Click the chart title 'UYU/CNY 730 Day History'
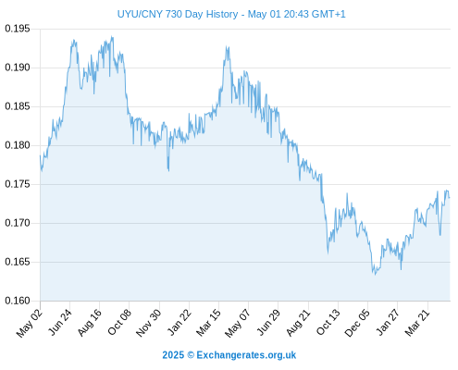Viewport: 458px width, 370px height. (178, 14)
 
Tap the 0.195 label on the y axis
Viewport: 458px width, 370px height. (18, 29)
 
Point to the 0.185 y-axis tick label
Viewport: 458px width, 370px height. (18, 106)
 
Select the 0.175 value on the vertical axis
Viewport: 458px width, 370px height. (18, 184)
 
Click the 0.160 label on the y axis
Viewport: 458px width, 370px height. (18, 301)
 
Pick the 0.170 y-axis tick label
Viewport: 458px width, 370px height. (18, 223)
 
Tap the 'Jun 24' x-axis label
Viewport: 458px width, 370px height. (60, 322)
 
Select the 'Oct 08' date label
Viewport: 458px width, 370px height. (119, 322)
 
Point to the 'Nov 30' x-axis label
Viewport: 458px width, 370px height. (148, 322)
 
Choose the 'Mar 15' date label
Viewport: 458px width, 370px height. (208, 322)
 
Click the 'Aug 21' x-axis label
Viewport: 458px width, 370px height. (298, 322)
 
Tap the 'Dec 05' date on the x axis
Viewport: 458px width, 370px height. (357, 323)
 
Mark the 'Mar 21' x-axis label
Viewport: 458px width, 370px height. (417, 322)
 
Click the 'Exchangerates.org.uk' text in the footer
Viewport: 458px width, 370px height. (246, 355)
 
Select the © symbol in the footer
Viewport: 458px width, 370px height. (191, 355)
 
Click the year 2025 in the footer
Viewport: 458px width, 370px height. (173, 355)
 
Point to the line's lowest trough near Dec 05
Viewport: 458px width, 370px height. (375, 275)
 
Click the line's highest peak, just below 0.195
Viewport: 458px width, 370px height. (112, 37)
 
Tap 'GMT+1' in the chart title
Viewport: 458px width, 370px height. (328, 14)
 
